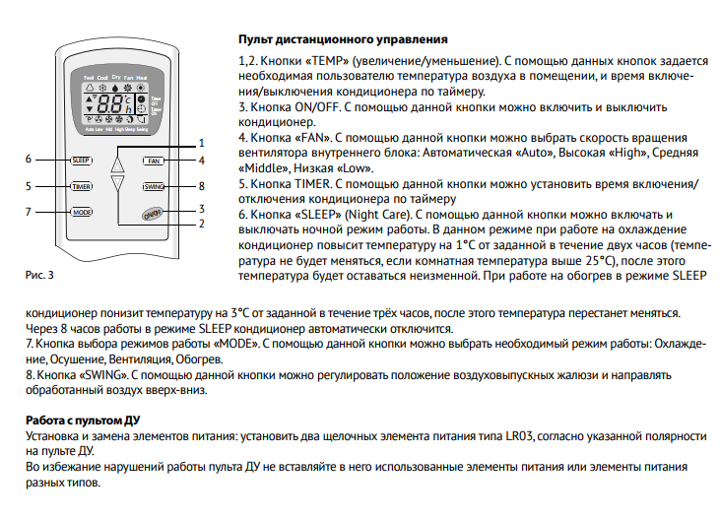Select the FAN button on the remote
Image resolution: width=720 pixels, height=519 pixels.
pos(154,160)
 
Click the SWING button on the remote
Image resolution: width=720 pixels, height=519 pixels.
pos(155,186)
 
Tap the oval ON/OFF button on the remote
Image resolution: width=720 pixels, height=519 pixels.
pos(153,214)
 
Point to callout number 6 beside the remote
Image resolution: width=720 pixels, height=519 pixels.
pos(30,160)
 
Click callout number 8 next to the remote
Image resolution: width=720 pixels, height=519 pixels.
pos(201,186)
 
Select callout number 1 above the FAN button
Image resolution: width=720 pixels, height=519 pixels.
pos(201,143)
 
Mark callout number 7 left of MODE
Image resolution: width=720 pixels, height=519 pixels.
pos(30,212)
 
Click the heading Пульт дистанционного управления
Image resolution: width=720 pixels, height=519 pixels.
pos(343,39)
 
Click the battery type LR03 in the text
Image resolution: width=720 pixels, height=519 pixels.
pos(491,435)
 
